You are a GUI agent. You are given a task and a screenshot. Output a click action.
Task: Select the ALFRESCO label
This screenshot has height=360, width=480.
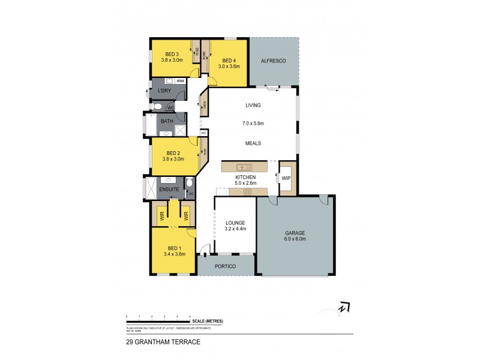[x=274, y=61]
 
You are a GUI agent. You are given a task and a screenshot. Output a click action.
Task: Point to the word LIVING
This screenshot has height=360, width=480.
[x=253, y=106]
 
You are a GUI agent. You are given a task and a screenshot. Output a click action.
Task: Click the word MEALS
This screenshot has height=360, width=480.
[x=253, y=143]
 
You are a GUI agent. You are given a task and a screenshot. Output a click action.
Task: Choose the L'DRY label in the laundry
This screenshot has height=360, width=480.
[x=164, y=91]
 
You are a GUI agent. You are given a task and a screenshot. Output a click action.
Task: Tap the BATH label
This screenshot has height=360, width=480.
[x=166, y=120]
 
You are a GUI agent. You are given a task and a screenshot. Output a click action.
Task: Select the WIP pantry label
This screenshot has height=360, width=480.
[x=287, y=178]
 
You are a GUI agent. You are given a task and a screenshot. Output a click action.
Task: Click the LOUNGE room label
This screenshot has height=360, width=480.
[x=235, y=223]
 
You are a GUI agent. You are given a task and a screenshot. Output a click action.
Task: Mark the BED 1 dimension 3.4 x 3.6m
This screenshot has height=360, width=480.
[x=174, y=254]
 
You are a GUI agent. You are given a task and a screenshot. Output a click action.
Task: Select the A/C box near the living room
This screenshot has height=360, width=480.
[x=203, y=133]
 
